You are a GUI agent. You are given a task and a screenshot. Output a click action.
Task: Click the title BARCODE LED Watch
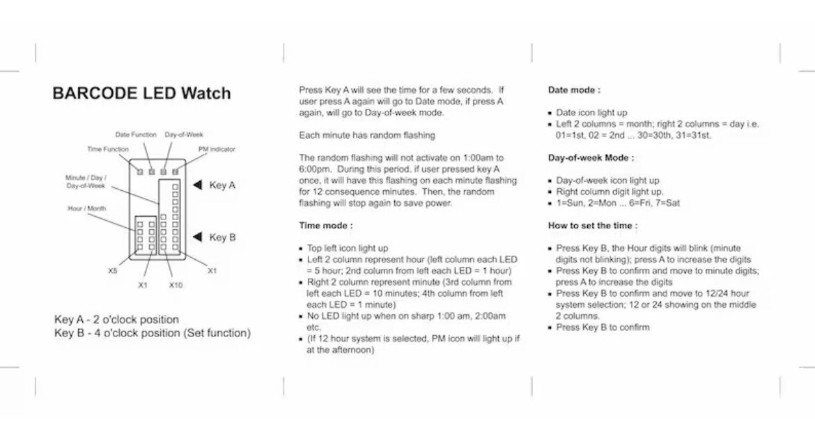coord(141,93)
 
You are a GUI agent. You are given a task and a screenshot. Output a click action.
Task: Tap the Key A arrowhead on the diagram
coord(198,185)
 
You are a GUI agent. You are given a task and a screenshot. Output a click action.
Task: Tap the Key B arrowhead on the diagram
coord(198,237)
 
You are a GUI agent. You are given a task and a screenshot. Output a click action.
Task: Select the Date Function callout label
coord(136,134)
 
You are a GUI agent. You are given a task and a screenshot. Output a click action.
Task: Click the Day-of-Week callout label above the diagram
coord(184,134)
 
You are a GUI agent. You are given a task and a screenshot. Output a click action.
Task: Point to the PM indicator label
coord(217,149)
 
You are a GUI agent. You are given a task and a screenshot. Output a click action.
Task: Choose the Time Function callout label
coord(107,149)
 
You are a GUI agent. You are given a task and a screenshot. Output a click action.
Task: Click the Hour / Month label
coord(87,208)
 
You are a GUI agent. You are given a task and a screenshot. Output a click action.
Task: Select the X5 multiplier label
coord(113,271)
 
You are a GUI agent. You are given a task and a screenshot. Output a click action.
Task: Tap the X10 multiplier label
coord(176,285)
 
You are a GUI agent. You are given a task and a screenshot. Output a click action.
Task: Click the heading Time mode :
coord(326,226)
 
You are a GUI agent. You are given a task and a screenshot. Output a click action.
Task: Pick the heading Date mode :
coord(574,90)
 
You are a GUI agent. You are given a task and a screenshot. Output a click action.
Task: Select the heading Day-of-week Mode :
coord(591,158)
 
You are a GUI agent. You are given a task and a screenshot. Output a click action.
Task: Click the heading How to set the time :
coord(593,226)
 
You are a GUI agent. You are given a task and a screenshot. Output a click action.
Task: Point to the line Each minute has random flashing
coord(366,135)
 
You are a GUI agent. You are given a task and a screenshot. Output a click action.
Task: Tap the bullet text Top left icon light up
coord(348,248)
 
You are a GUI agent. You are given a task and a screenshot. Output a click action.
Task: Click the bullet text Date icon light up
coord(591,112)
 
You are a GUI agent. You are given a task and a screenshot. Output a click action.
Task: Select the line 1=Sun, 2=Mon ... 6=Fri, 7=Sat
coord(618,203)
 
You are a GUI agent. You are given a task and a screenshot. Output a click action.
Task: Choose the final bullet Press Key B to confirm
coord(603,327)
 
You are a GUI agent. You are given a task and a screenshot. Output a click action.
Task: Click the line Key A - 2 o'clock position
coord(116,320)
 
